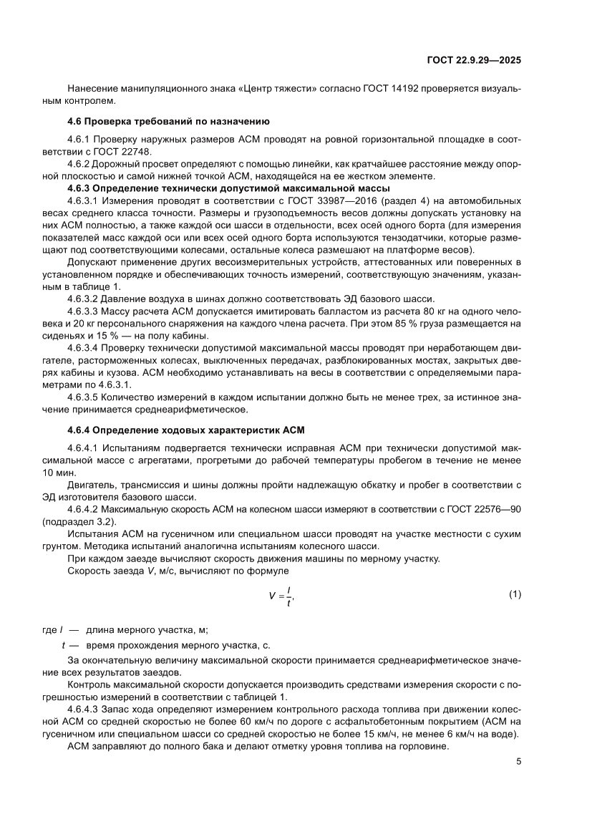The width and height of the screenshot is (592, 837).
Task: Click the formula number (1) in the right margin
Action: pos(514,595)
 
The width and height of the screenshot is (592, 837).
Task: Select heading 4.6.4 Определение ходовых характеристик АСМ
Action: pos(186,430)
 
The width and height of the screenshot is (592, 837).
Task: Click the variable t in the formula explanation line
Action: pos(64,645)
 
